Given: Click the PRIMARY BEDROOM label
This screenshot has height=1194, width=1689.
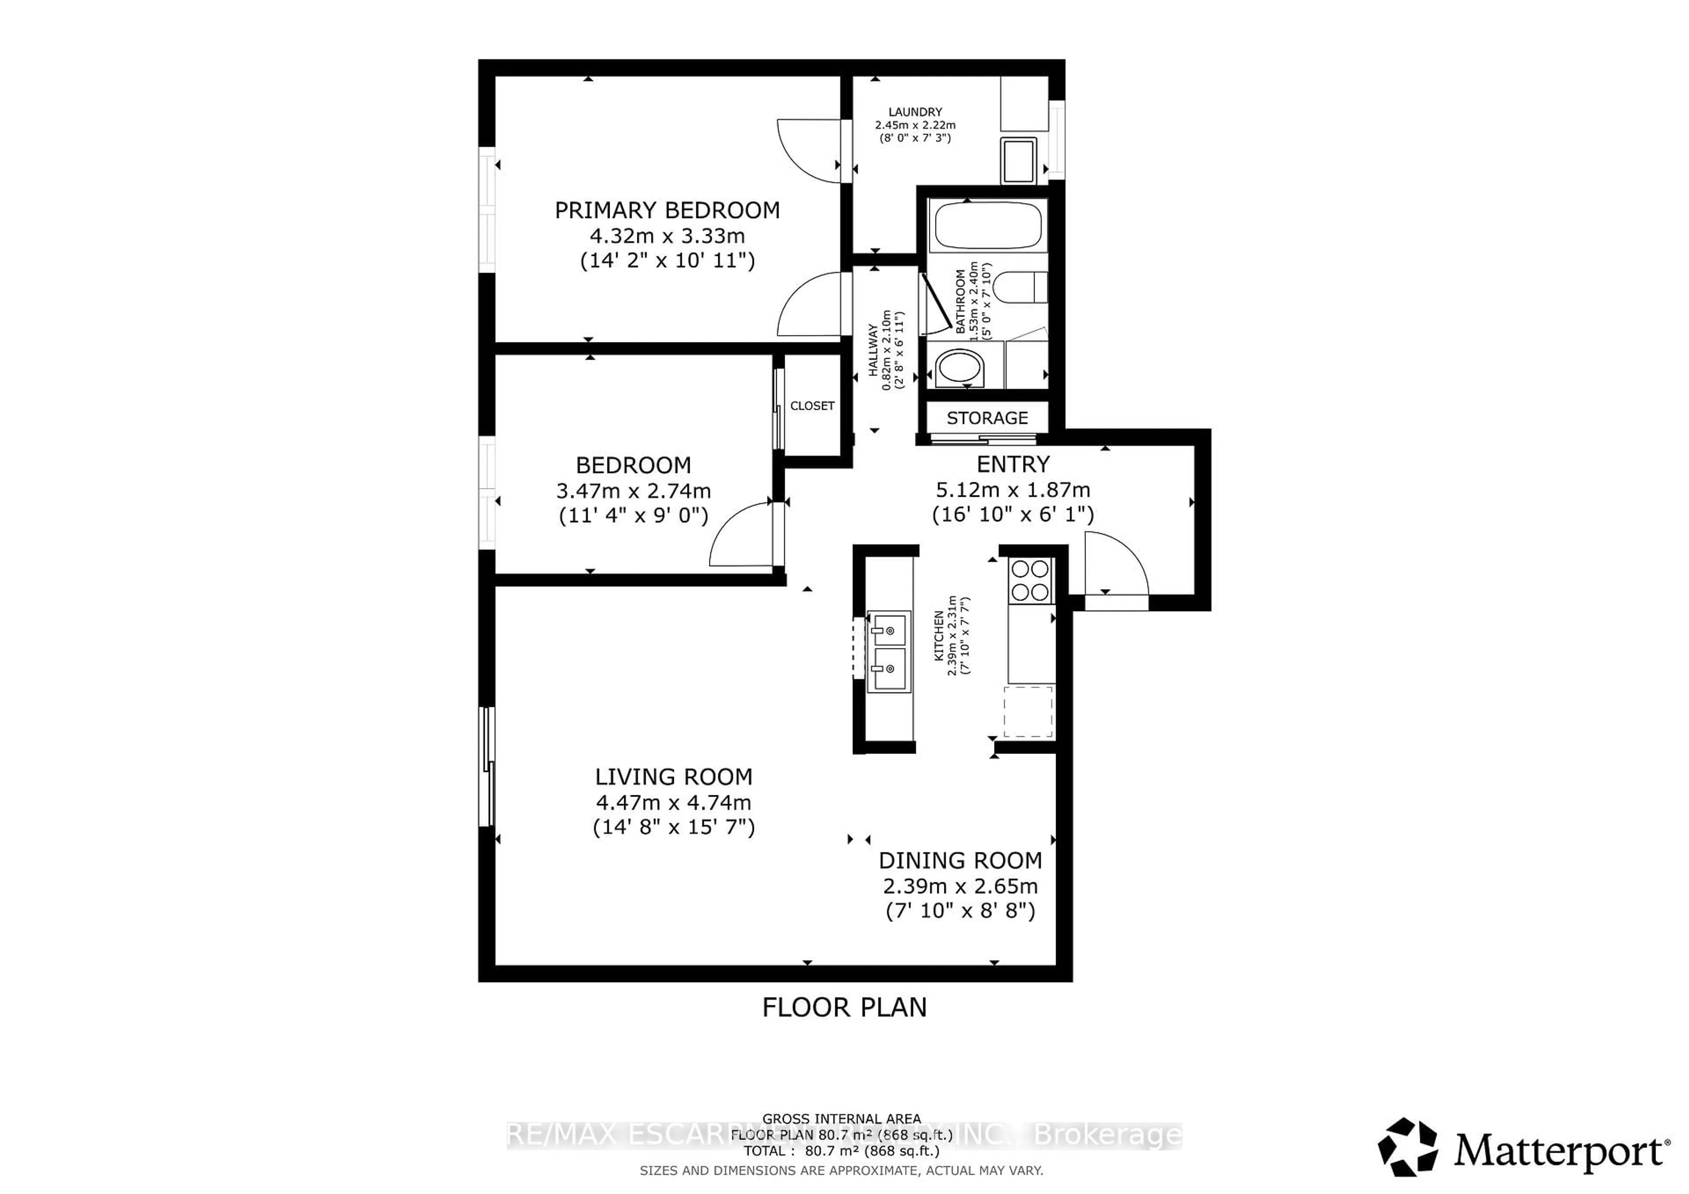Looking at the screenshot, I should tap(666, 210).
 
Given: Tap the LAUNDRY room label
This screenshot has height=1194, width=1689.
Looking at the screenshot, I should tap(914, 112).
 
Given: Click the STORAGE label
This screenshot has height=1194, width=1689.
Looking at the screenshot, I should tap(987, 418).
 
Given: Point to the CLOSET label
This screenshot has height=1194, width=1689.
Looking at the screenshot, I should tap(812, 406).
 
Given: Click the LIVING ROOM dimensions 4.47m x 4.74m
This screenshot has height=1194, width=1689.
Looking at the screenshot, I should tap(673, 802).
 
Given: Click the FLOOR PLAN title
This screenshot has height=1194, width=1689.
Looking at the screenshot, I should tap(844, 1007).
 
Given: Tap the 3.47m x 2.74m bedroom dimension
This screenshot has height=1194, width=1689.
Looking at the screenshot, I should tap(632, 491).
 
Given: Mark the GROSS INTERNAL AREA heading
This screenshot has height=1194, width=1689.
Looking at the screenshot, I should tap(841, 1118).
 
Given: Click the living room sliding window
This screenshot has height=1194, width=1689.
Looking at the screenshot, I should tap(486, 766).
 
